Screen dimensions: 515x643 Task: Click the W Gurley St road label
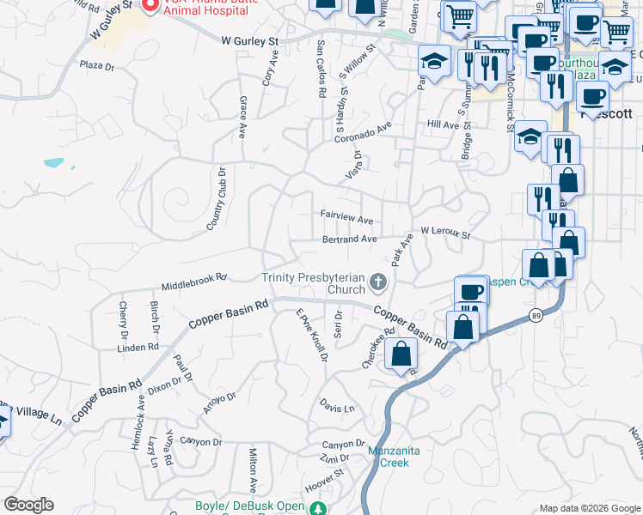pos(250,40)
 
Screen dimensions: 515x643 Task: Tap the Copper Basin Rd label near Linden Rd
pos(229,315)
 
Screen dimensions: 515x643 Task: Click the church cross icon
pos(377,282)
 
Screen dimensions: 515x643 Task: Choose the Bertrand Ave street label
pos(349,239)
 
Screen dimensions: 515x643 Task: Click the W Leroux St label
pos(445,233)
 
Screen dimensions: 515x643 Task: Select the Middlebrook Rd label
pos(194,282)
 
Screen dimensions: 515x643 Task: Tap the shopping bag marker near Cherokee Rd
pos(401,354)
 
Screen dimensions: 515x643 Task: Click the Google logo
pos(28,505)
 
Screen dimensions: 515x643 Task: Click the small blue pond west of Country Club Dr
pos(53,161)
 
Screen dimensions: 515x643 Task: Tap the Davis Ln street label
pos(337,407)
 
